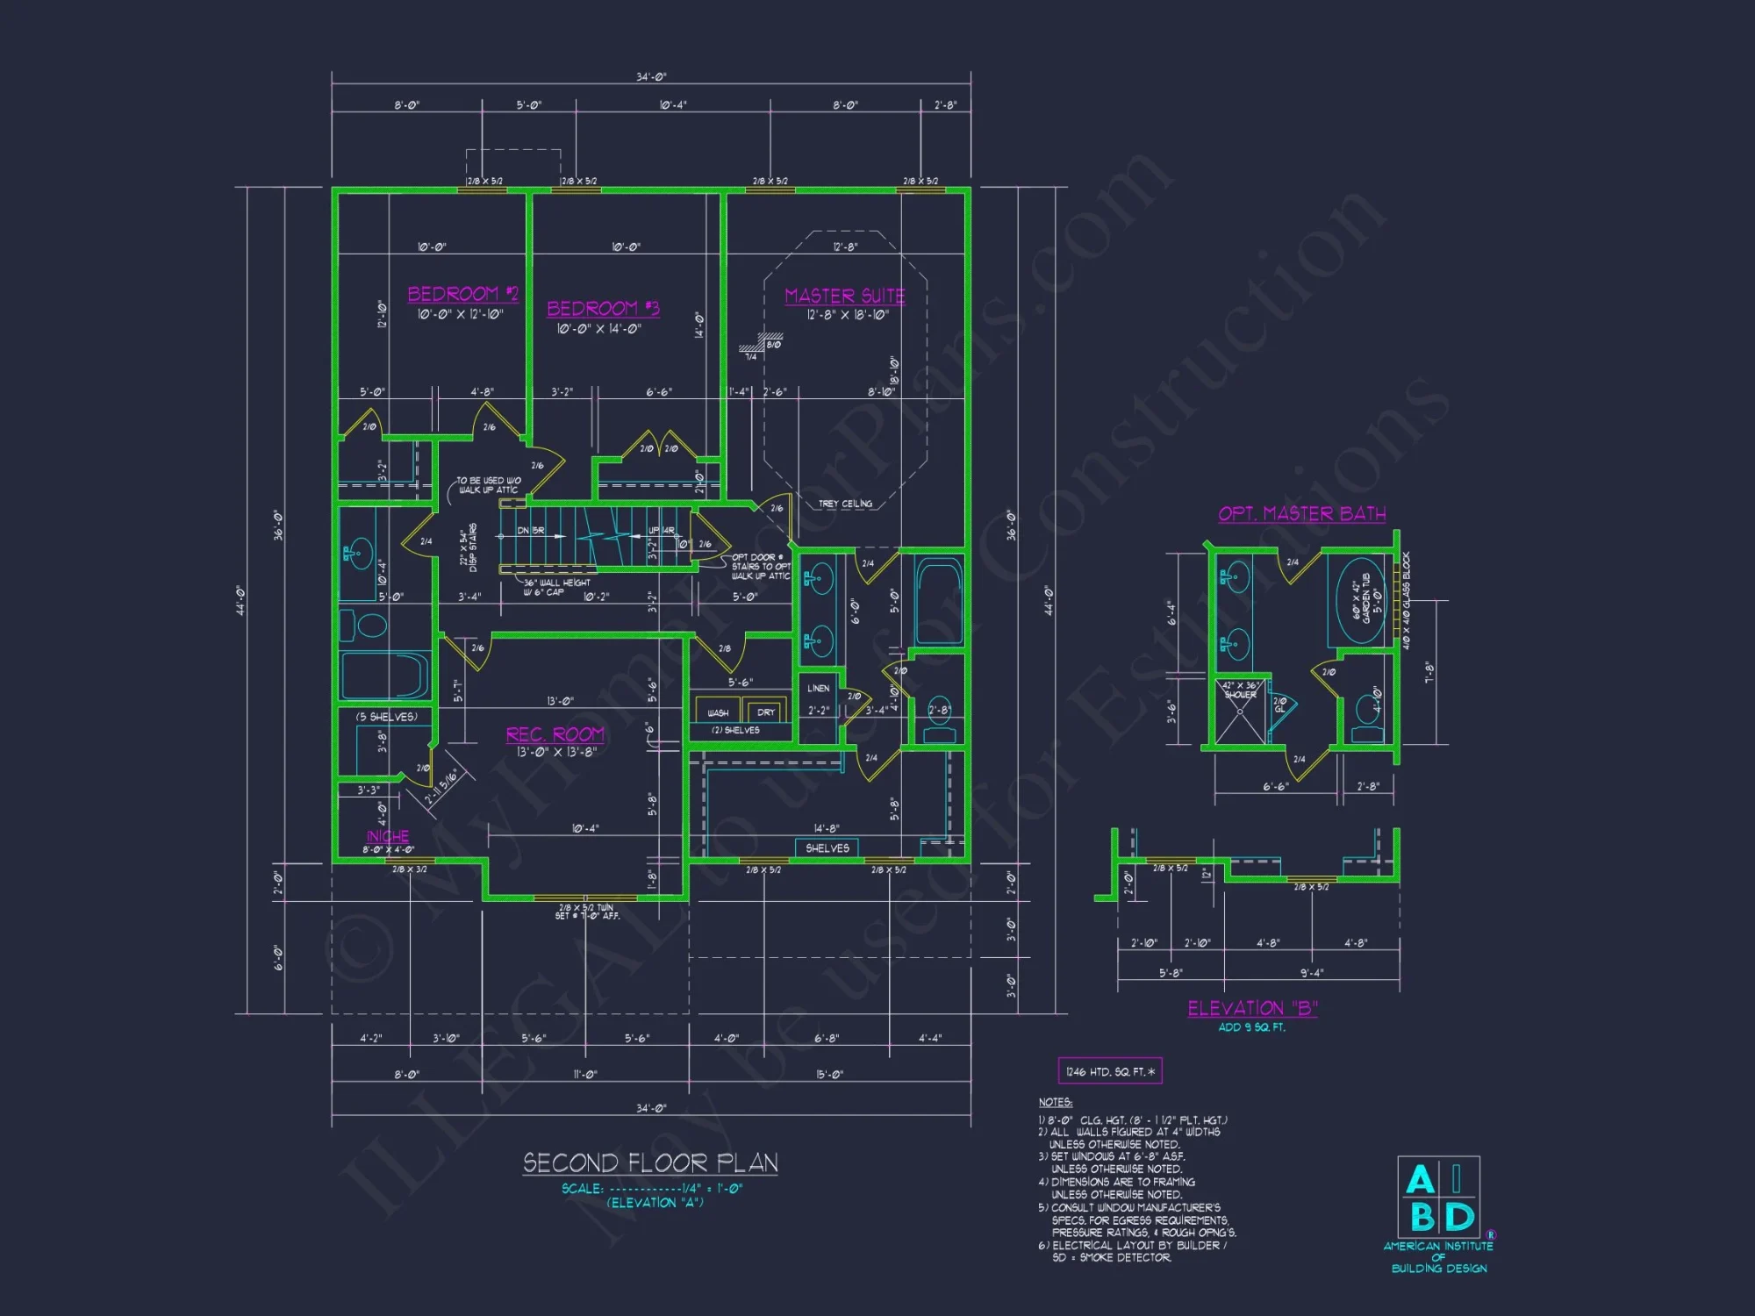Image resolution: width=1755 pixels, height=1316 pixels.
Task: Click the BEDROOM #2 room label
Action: pos(462,294)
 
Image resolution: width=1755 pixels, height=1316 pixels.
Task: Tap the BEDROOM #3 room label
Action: pos(603,309)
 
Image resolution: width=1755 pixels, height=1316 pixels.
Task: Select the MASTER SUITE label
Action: pos(844,297)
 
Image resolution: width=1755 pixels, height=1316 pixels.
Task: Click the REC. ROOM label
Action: pos(555,734)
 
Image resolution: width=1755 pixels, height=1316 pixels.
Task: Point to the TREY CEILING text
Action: pos(845,504)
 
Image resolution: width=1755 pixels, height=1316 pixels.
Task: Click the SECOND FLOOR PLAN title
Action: pos(650,1163)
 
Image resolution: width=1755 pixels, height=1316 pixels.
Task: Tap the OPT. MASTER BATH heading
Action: pos(1301,514)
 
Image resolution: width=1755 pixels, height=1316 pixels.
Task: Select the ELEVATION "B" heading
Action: pos(1252,1009)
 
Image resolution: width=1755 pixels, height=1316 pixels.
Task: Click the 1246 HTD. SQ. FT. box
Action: pos(1110,1071)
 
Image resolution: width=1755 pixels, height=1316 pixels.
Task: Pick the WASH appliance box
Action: pos(718,712)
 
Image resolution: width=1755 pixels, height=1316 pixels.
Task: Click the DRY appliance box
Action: pos(765,712)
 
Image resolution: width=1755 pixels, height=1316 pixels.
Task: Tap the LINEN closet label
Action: pos(818,689)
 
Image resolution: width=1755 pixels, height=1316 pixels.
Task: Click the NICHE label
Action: pos(388,836)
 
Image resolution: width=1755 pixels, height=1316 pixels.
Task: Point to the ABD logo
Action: pos(1439,1197)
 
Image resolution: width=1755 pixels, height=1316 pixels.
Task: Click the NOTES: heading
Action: pos(1055,1102)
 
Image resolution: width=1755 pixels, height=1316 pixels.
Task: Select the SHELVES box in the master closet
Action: pos(827,848)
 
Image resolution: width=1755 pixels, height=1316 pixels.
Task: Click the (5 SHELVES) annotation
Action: pos(386,717)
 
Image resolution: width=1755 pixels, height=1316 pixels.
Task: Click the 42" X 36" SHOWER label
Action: pos(1240,690)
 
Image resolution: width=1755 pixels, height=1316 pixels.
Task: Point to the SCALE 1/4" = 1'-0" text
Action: pos(652,1189)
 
